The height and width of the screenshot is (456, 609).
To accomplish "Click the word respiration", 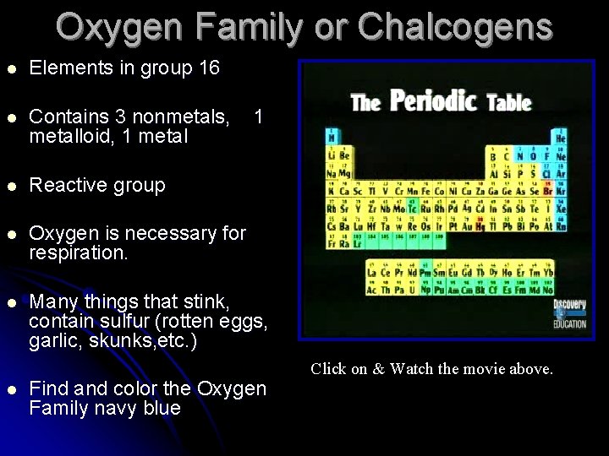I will [78, 252].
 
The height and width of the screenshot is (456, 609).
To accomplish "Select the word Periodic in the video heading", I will [433, 101].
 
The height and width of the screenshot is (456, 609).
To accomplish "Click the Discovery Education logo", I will [568, 313].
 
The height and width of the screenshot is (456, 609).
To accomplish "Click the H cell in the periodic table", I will [332, 138].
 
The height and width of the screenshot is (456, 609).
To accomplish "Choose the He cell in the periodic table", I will [561, 138].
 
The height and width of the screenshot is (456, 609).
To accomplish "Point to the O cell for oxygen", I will [533, 155].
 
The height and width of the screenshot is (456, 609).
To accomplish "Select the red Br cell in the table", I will [547, 191].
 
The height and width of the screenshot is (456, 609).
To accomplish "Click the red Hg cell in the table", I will [480, 225].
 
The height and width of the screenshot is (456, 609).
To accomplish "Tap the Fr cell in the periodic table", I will [332, 243].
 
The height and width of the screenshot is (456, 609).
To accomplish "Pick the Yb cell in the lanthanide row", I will [548, 272].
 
